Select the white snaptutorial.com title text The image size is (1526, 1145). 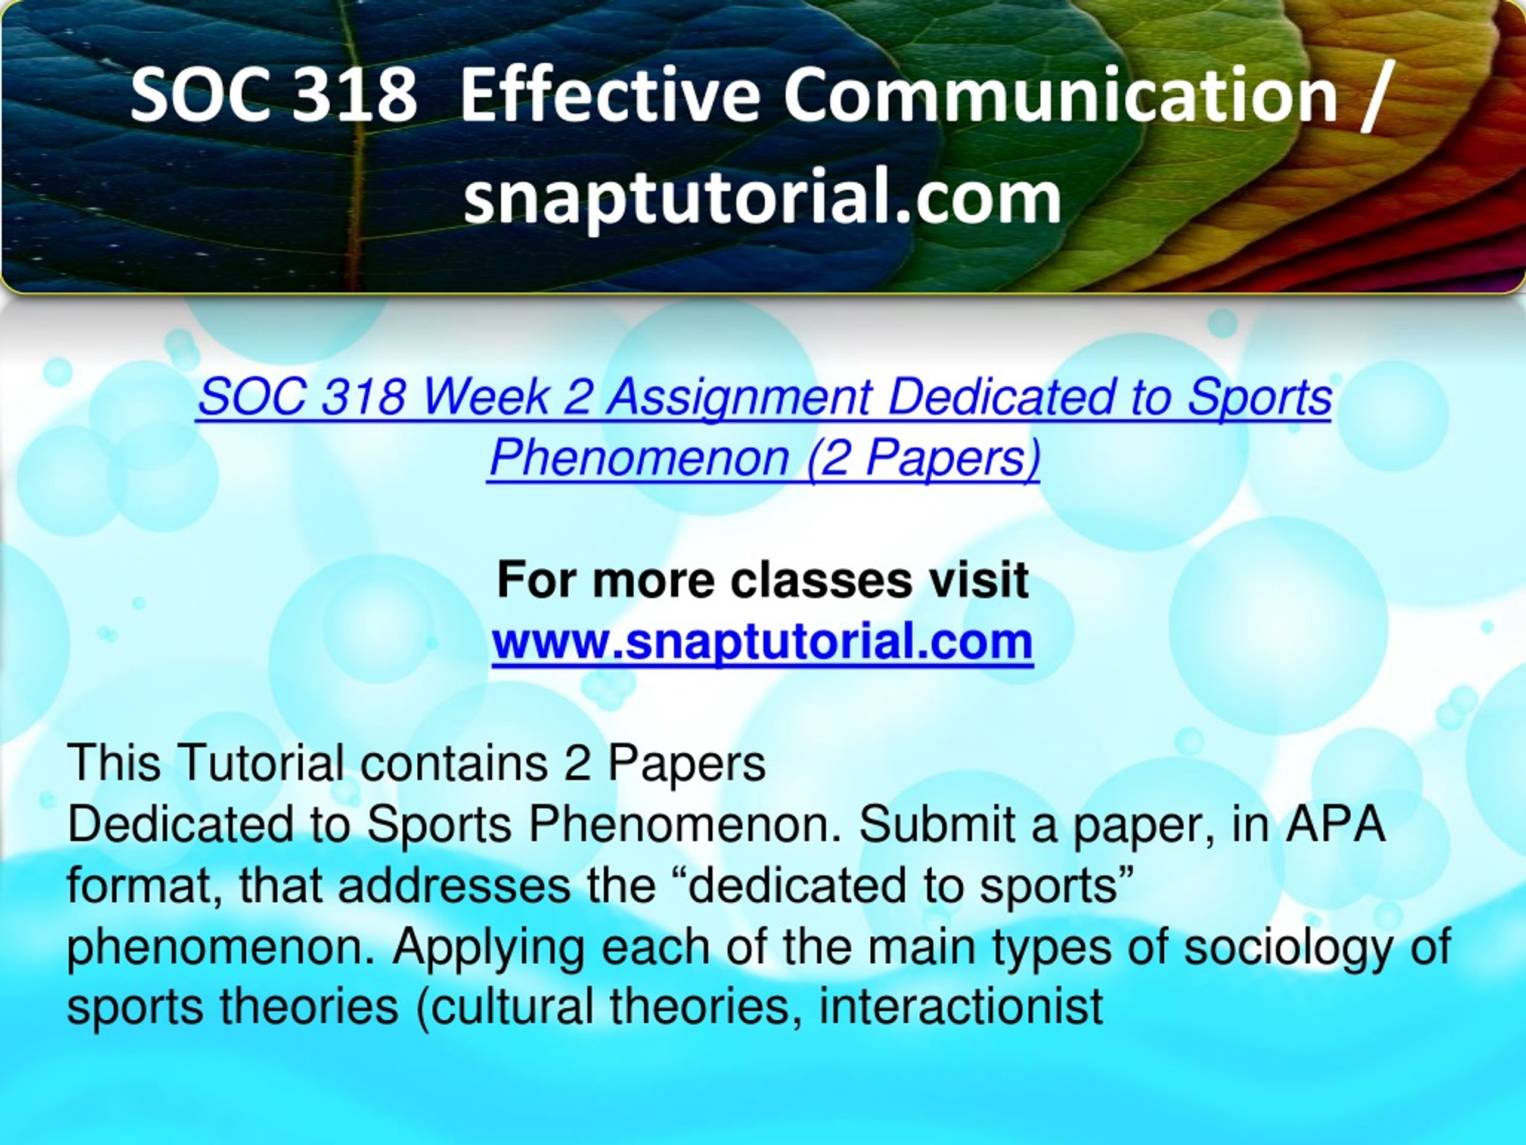[x=762, y=198]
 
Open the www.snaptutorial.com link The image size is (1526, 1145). [x=762, y=642]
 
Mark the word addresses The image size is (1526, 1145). [x=454, y=886]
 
